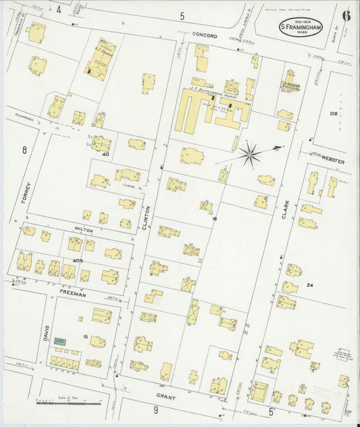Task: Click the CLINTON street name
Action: click(145, 220)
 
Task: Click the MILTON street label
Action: click(84, 230)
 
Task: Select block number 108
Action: click(332, 114)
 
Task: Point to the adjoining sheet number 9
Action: click(155, 410)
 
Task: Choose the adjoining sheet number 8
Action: click(24, 150)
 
